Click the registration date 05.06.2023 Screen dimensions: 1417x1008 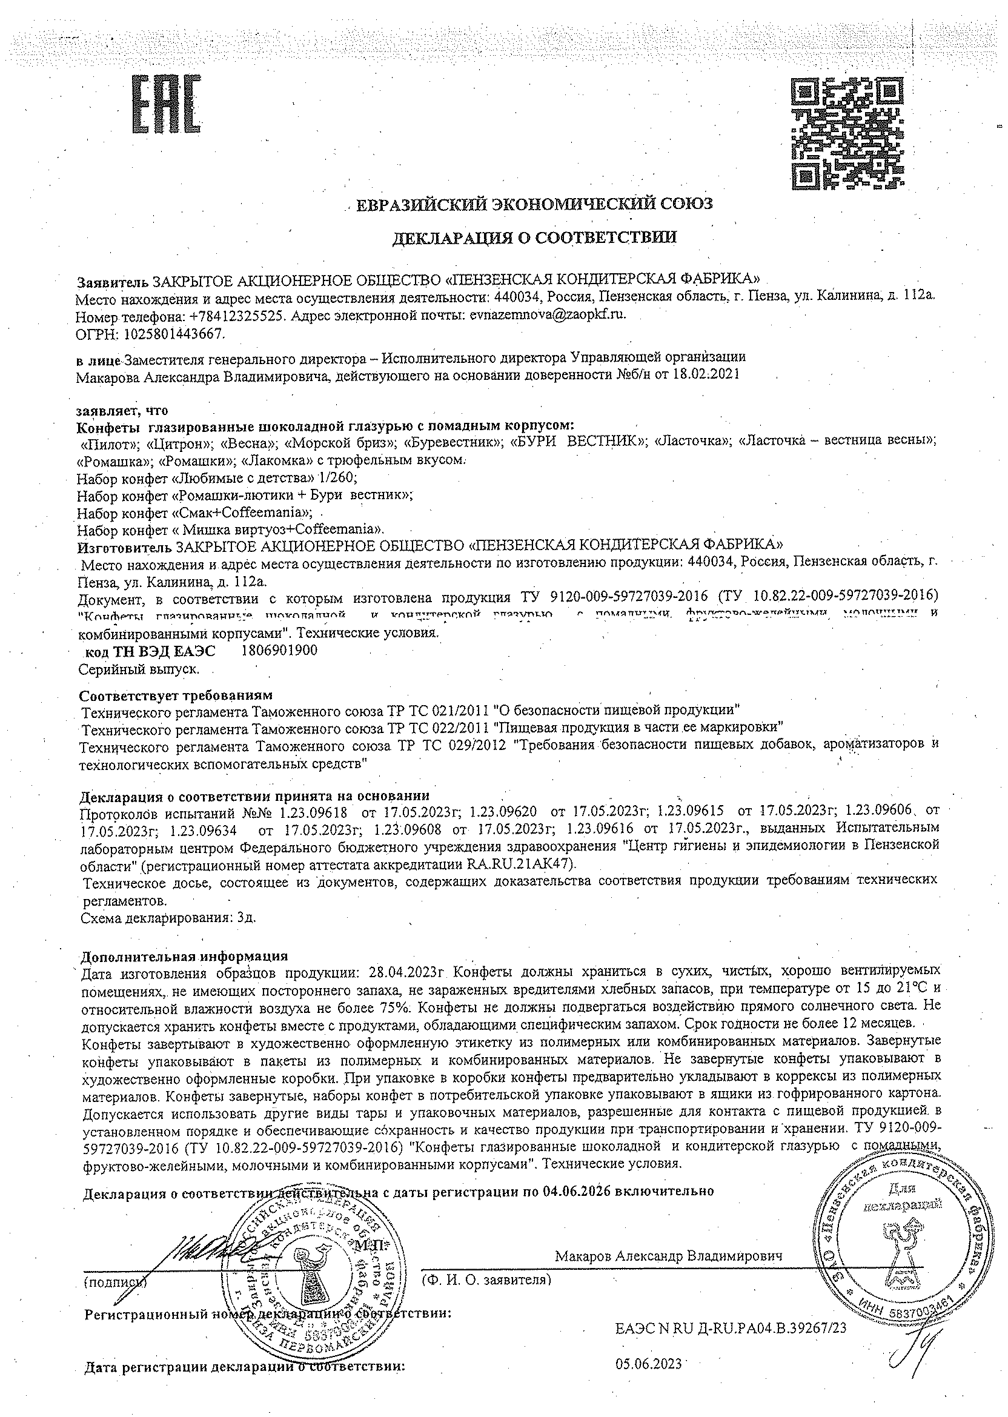pyautogui.click(x=649, y=1364)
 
